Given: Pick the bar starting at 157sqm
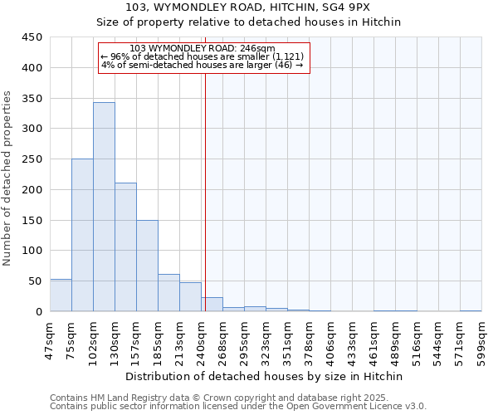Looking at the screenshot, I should tap(147, 266).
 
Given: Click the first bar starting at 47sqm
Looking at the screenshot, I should tap(61, 295).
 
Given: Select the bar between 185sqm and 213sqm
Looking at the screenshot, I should tap(168, 293).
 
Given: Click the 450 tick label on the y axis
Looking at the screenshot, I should tap(32, 37).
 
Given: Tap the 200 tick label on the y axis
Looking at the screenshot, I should tap(32, 190).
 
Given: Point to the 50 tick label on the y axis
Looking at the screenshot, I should tap(36, 281).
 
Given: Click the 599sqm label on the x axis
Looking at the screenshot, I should tap(481, 340).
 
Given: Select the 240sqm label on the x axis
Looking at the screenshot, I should tap(201, 340).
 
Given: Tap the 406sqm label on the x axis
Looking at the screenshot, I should tap(330, 340).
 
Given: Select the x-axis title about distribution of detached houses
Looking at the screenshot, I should tap(265, 376).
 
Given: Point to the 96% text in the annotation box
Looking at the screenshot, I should tap(117, 56).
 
